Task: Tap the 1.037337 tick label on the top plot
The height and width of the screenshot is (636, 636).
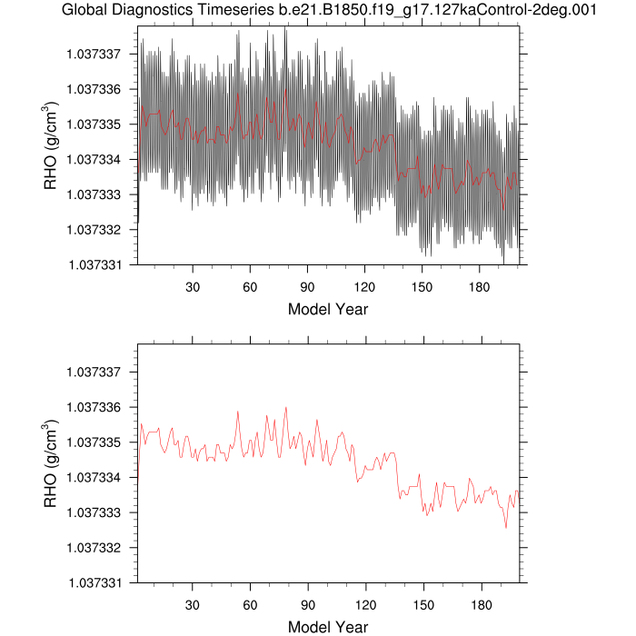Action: tap(94, 54)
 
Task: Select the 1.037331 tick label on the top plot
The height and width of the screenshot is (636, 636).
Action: tap(94, 264)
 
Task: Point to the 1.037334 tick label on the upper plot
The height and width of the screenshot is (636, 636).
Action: tap(94, 159)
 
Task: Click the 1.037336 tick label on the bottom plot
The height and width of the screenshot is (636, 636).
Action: tap(94, 407)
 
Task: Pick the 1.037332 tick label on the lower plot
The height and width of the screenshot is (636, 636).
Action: tap(94, 548)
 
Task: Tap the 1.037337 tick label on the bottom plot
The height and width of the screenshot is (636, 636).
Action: tap(94, 372)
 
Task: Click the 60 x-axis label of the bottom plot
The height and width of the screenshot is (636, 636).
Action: tap(250, 604)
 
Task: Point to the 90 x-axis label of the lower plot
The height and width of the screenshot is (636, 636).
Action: tap(308, 604)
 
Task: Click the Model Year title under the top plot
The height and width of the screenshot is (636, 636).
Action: tap(328, 309)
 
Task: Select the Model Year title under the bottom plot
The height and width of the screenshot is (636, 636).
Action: tap(328, 626)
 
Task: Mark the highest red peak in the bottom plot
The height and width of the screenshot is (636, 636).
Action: tap(285, 407)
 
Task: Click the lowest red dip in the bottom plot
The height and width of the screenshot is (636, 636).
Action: tap(506, 527)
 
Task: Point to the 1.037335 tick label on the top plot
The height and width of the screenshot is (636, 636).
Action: tap(94, 124)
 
